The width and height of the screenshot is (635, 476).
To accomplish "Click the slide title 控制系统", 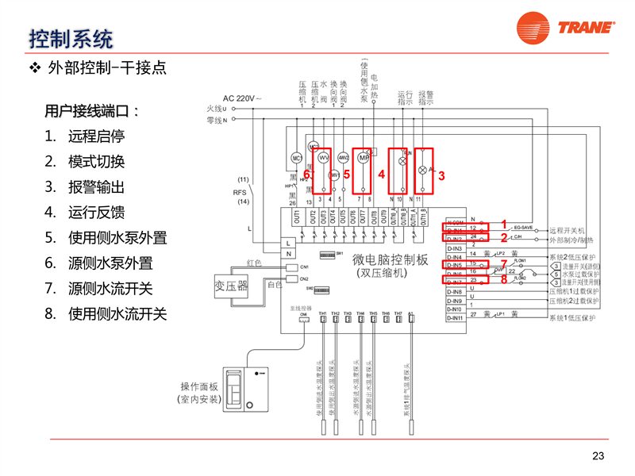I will click(x=71, y=37).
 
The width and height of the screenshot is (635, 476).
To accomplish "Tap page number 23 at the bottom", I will click(x=598, y=455).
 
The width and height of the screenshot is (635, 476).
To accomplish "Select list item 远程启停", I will click(x=96, y=136).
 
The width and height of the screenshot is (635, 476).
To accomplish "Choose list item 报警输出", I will click(x=96, y=187).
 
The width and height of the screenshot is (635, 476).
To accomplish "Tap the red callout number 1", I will click(x=503, y=225).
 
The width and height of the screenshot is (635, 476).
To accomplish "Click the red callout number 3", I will click(x=441, y=175).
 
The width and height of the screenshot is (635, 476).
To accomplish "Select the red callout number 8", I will click(x=503, y=278).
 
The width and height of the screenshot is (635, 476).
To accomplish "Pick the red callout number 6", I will click(x=306, y=174).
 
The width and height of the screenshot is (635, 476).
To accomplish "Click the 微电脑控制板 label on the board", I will click(x=389, y=260).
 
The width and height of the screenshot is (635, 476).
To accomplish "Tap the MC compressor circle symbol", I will click(x=297, y=157).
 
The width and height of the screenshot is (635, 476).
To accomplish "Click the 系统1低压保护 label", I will click(x=571, y=318).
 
